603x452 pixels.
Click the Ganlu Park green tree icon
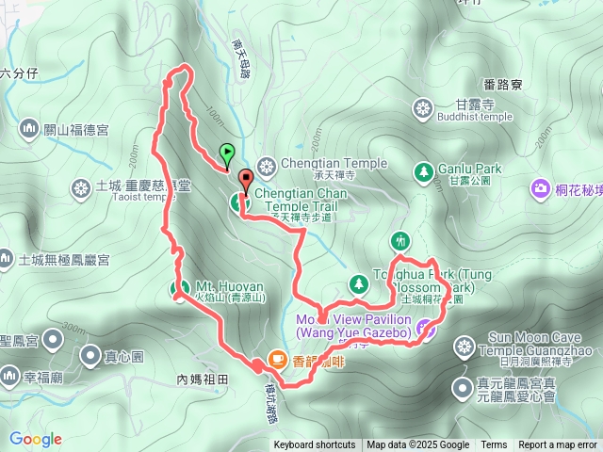[x=423, y=170]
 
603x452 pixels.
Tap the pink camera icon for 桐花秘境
[x=542, y=189]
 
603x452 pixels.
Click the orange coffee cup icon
[x=277, y=358]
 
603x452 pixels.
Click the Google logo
[x=36, y=439]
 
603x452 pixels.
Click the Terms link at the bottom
[x=494, y=445]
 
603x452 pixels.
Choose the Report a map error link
[x=557, y=445]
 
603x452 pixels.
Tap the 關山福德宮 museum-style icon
[x=26, y=128]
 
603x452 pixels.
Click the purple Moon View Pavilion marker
[x=425, y=328]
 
